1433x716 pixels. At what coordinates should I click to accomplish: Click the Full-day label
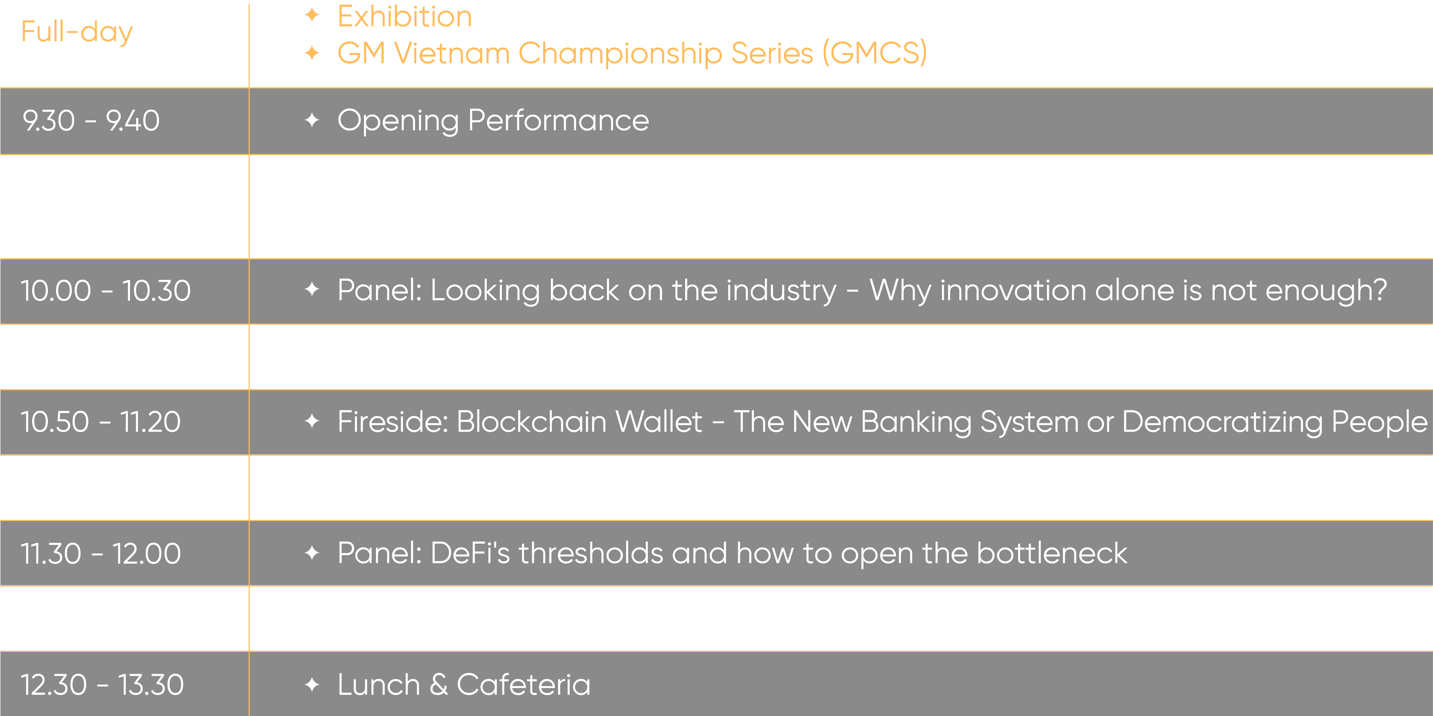[77, 32]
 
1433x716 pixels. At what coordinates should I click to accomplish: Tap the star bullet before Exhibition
[312, 15]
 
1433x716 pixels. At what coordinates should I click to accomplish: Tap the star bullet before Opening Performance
[312, 120]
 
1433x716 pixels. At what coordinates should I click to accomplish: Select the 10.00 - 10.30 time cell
[106, 290]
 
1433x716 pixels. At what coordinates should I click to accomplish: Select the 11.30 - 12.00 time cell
[101, 554]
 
